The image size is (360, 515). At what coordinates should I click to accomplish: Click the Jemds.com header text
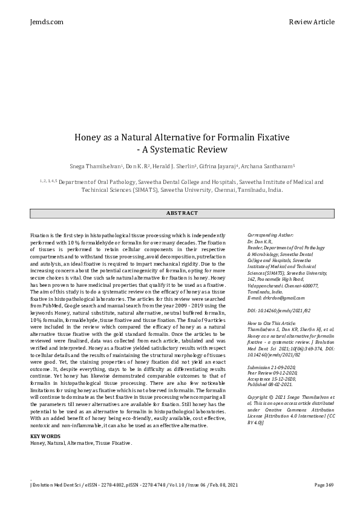(46, 22)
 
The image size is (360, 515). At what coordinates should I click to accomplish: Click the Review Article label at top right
(311, 22)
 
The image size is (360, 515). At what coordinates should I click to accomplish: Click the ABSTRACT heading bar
(182, 213)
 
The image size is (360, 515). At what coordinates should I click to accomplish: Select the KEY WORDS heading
(45, 436)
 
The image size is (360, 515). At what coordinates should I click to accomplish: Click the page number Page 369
(324, 485)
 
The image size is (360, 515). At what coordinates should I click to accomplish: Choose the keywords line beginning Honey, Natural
(80, 443)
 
